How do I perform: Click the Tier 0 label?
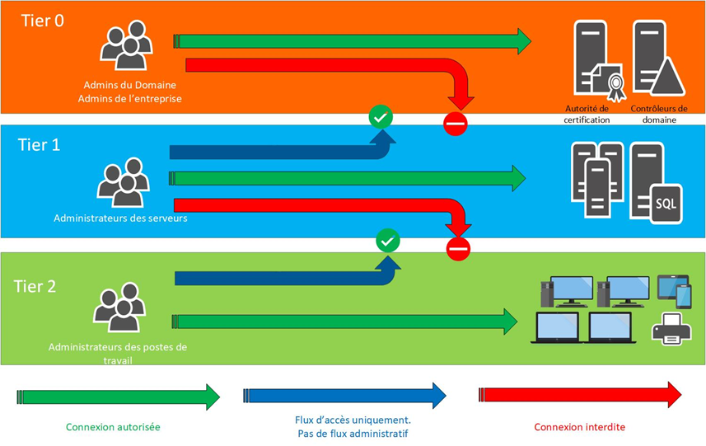(43, 21)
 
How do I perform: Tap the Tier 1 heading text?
(40, 145)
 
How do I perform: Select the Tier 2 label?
(35, 287)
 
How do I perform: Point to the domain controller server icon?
(658, 59)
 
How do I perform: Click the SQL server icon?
(656, 183)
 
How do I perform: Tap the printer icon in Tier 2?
(671, 329)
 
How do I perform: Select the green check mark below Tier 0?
(381, 117)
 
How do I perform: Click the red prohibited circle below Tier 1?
(458, 249)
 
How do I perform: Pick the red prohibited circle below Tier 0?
(456, 124)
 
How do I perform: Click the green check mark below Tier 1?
(388, 242)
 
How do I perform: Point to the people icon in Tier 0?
(127, 45)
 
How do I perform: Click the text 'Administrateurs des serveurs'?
(120, 218)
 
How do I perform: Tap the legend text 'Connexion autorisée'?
(113, 427)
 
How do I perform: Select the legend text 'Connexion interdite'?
(580, 427)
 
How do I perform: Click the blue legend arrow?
(344, 396)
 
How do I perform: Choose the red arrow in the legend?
(580, 395)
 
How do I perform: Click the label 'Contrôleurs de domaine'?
(659, 114)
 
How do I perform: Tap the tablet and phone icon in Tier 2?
(675, 292)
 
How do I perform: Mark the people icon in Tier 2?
(119, 308)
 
